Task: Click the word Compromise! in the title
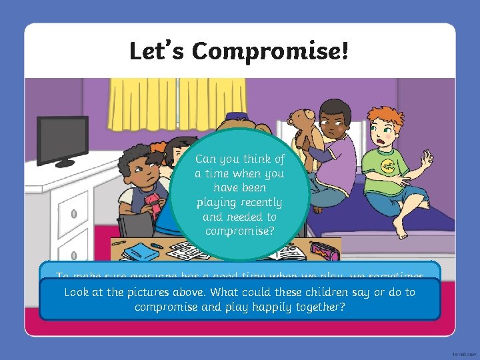coord(270,51)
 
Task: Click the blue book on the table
coord(136,251)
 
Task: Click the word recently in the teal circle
coord(260,203)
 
